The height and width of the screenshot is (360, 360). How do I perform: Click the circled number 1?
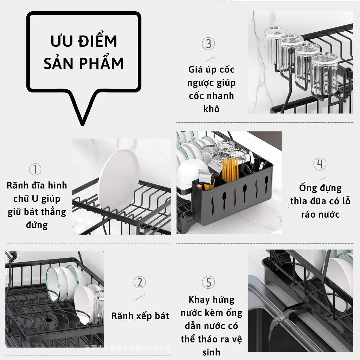click(35, 169)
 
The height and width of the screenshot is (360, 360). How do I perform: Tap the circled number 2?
click(140, 282)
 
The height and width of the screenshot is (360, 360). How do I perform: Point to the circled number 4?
click(320, 164)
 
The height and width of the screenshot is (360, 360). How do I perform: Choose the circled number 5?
click(208, 282)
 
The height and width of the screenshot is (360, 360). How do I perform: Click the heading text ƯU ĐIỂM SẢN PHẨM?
click(83, 52)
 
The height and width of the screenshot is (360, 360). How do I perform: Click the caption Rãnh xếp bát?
click(140, 316)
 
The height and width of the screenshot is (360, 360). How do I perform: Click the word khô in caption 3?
click(211, 109)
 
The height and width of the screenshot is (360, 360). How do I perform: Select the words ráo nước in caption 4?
click(320, 214)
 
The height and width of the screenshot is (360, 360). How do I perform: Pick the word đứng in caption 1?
click(37, 225)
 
